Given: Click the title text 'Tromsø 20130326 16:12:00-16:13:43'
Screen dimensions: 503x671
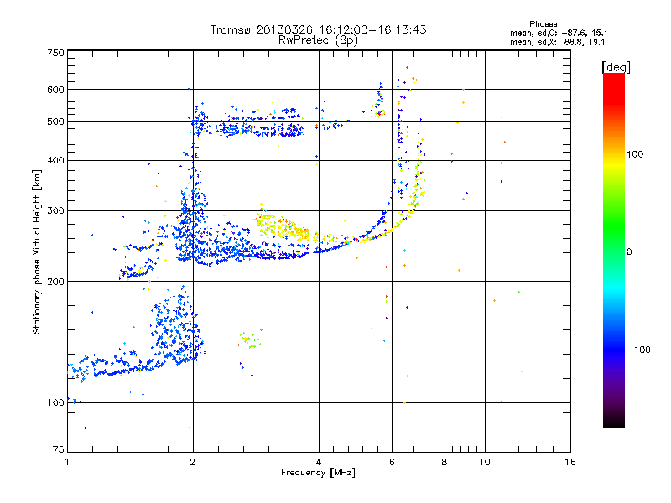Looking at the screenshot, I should point(318,29).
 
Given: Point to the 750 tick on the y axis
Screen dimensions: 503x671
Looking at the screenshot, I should point(55,53).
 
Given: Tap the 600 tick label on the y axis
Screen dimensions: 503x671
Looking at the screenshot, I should point(55,90).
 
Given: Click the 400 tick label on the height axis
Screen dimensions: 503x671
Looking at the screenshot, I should point(55,161).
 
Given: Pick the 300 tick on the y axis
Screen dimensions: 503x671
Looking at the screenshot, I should point(55,211).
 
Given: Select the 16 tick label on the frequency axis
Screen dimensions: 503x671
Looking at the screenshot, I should point(569,463).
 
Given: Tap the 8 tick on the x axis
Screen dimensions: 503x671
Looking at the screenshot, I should point(445,463).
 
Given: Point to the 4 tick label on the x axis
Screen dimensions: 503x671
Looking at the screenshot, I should point(319,463).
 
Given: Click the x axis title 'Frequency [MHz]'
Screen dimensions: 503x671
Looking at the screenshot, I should point(318,474).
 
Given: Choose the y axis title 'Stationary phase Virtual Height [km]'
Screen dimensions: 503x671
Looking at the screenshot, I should point(37,251).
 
